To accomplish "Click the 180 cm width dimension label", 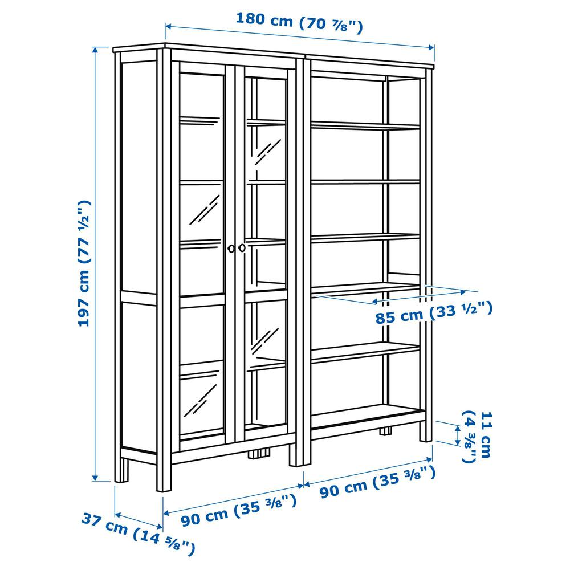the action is [299, 23].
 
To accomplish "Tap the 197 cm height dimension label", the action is [84, 263].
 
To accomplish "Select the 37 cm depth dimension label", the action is [138, 534].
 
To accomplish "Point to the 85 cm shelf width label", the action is [434, 312].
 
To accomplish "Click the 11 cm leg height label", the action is [477, 437].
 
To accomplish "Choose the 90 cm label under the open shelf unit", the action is [377, 482].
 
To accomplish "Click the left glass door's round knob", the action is [231, 249].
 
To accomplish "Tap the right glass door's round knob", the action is [242, 248].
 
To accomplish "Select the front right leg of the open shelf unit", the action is [426, 431].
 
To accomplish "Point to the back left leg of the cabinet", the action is [122, 470].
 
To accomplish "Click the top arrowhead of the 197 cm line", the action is [95, 51].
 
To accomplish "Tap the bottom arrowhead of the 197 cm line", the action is [95, 477].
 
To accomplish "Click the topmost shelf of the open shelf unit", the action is [365, 125].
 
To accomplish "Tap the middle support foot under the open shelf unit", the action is [386, 431].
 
